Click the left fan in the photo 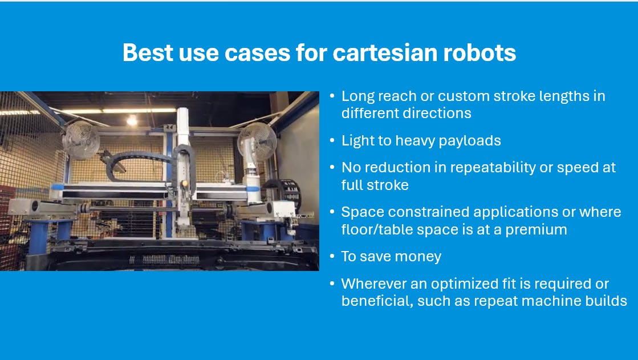81,140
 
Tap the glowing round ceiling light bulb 132,120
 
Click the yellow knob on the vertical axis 185,184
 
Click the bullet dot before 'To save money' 332,257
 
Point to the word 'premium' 539,229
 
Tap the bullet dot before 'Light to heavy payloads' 332,141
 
